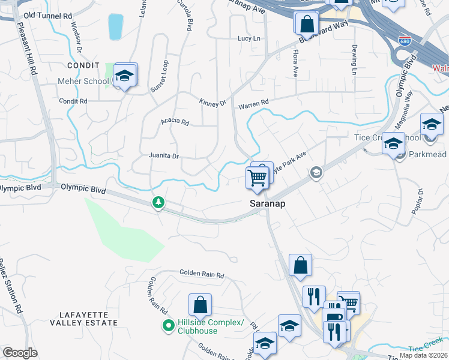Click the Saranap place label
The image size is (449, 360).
pyautogui.click(x=267, y=204)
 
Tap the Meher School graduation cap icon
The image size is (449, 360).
pyautogui.click(x=125, y=76)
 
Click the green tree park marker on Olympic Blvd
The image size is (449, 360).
pyautogui.click(x=158, y=203)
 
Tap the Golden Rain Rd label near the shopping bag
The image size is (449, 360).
pyautogui.click(x=202, y=275)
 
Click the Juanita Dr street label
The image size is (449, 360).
pyautogui.click(x=164, y=156)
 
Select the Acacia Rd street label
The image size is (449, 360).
pyautogui.click(x=175, y=122)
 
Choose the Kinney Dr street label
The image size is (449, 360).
pyautogui.click(x=212, y=103)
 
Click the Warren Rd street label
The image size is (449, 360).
pyautogui.click(x=253, y=104)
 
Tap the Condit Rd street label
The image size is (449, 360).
pyautogui.click(x=73, y=101)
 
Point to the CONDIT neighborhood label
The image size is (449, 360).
pyautogui.click(x=83, y=64)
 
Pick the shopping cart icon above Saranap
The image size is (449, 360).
pyautogui.click(x=257, y=177)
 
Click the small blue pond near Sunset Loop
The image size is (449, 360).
pyautogui.click(x=115, y=26)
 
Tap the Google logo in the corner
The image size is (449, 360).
pyautogui.click(x=20, y=353)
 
